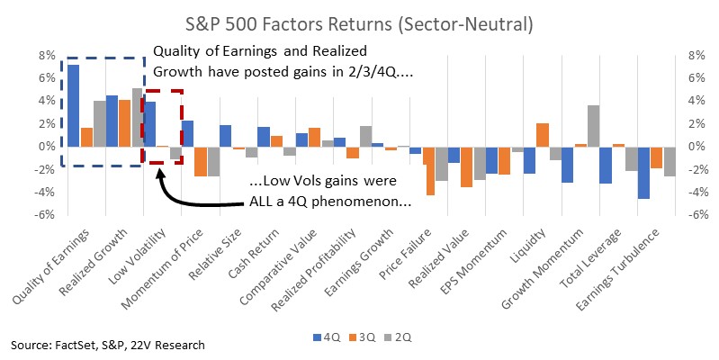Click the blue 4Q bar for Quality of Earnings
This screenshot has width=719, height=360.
[x=74, y=106]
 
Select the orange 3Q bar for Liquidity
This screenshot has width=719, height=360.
[x=543, y=135]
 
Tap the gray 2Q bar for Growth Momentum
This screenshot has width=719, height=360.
[x=593, y=126]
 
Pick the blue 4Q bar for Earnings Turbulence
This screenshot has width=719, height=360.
[x=643, y=173]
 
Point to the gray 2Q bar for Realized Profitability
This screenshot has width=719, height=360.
[x=365, y=136]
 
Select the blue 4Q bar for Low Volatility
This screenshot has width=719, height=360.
[x=149, y=124]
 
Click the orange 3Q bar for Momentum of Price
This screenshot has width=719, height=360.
[x=200, y=161]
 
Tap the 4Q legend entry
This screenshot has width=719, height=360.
[x=326, y=337]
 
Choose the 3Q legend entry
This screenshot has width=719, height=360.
[x=362, y=337]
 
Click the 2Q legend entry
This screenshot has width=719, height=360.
[x=397, y=337]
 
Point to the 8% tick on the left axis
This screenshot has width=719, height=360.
[x=46, y=56]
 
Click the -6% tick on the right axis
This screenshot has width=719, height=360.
[x=696, y=214]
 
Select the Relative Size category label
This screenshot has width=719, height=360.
[x=215, y=255]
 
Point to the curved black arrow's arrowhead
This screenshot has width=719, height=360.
[x=159, y=175]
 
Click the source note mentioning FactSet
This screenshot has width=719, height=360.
[x=108, y=345]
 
